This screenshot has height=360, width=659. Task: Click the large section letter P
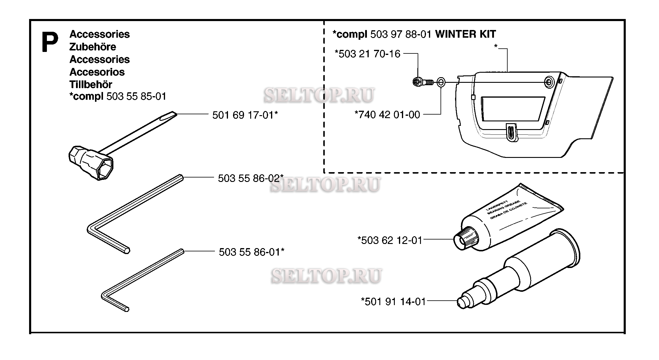click(50, 42)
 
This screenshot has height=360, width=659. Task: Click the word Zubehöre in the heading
click(93, 47)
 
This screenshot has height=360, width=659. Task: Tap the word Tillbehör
click(91, 84)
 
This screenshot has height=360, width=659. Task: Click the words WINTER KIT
click(465, 34)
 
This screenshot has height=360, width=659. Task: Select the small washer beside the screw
click(441, 82)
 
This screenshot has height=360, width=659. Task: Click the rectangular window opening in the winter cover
click(513, 109)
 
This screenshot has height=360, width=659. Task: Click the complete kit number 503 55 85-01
click(136, 96)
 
